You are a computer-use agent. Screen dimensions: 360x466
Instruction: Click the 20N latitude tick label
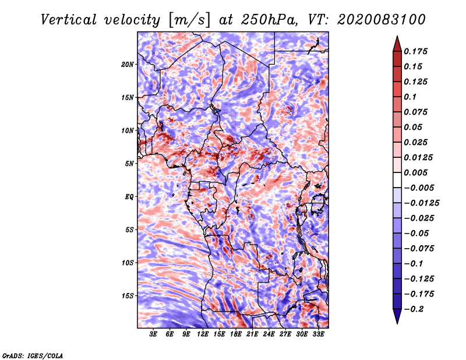tap(128, 64)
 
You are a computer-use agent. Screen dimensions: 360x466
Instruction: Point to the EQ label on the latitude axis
tap(129, 196)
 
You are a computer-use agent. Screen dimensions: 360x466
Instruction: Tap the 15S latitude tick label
tap(128, 295)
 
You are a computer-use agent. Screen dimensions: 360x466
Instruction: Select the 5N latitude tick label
tap(129, 164)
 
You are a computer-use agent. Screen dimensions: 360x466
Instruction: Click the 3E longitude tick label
tap(154, 335)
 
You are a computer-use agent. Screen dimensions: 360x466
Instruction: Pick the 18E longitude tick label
tap(236, 335)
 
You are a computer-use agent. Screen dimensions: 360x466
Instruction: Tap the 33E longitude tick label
tap(318, 335)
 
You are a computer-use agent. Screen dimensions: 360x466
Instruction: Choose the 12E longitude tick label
tap(203, 335)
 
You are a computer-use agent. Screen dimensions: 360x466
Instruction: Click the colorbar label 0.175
tap(416, 51)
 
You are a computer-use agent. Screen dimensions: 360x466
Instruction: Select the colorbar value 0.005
tap(416, 173)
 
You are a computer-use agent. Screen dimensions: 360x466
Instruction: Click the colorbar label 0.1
tap(411, 97)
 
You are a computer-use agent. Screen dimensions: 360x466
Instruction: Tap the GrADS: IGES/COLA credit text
tap(32, 355)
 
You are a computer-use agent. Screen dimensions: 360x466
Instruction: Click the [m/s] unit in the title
tap(188, 19)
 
